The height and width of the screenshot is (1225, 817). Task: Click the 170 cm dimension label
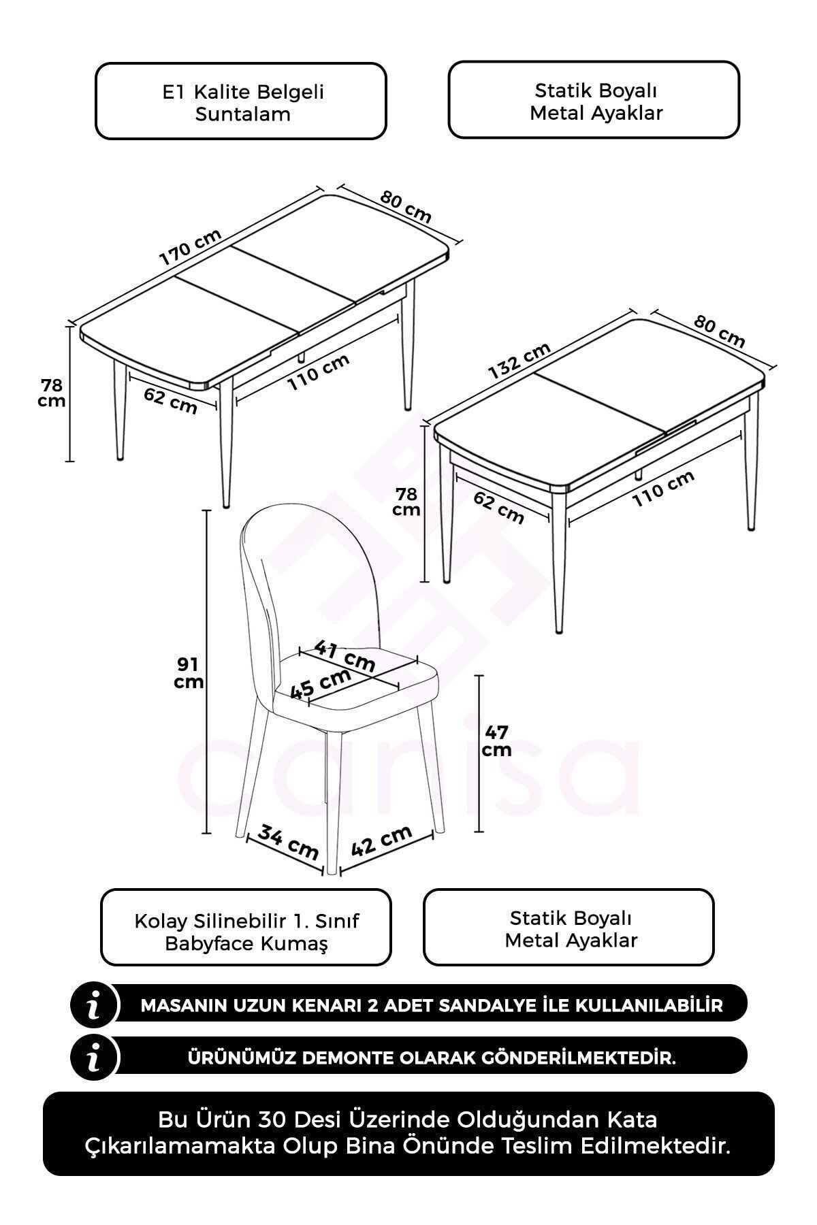pyautogui.click(x=190, y=247)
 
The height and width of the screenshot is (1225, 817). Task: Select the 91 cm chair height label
pyautogui.click(x=189, y=672)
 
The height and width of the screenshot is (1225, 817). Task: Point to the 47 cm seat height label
pyautogui.click(x=497, y=741)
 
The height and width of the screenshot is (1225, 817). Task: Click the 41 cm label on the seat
pyautogui.click(x=345, y=655)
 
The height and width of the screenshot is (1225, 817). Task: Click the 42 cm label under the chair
pyautogui.click(x=382, y=840)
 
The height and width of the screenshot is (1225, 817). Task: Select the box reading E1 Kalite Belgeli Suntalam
pyautogui.click(x=241, y=101)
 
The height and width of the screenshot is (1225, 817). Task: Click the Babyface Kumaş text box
pyautogui.click(x=246, y=927)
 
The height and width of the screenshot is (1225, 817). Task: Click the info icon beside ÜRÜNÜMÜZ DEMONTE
pyautogui.click(x=95, y=1060)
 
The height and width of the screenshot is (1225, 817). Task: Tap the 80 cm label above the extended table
pyautogui.click(x=406, y=207)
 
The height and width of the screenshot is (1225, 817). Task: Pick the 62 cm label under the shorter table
pyautogui.click(x=499, y=508)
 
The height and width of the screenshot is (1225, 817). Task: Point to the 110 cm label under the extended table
pyautogui.click(x=319, y=373)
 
